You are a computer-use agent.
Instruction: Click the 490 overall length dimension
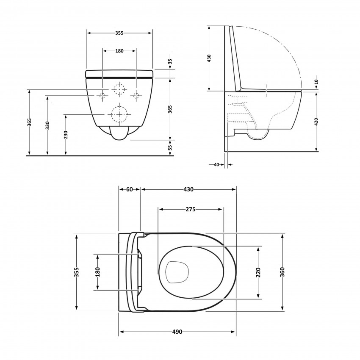tap(177, 332)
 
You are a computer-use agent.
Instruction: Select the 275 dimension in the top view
tap(190, 209)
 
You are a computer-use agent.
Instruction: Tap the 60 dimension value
tap(130, 189)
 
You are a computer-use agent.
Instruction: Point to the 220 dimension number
tap(258, 272)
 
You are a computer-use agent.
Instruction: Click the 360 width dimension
tap(282, 272)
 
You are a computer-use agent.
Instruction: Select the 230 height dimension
tap(66, 135)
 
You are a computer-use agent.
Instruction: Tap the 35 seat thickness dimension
tap(170, 61)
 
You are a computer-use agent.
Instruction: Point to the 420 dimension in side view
tap(316, 122)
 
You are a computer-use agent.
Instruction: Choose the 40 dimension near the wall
tap(216, 164)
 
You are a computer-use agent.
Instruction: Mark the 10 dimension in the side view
tap(316, 82)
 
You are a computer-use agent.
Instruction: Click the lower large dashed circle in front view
tap(119, 114)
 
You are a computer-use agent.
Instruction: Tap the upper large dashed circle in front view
tap(119, 89)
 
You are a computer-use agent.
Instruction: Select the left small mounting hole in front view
tap(102, 95)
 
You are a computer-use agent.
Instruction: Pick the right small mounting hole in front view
tap(136, 95)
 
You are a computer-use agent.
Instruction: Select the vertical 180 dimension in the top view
tap(97, 272)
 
